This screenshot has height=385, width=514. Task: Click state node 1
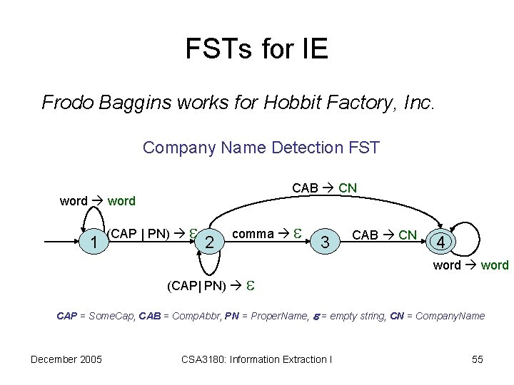pos(95,243)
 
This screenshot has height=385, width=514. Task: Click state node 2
pos(208,243)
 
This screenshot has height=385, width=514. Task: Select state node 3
pos(325,243)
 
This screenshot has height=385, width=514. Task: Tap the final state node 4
pos(443,243)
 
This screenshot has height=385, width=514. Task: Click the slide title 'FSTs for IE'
pos(256,49)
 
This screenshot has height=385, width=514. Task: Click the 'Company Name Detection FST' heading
pos(261,148)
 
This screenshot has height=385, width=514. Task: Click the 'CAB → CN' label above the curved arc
pos(325,188)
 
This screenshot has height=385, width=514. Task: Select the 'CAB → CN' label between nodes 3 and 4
pos(385,235)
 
